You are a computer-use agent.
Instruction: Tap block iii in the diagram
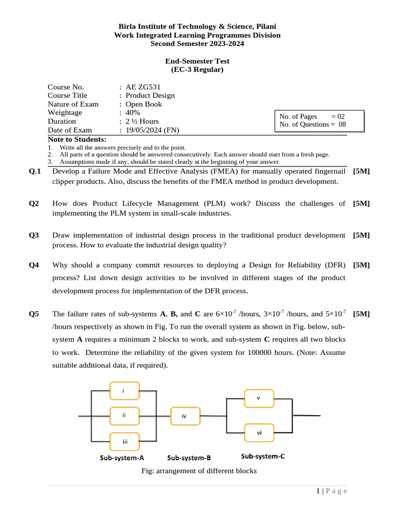[x=125, y=441]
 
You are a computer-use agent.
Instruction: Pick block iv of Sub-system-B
[x=184, y=416]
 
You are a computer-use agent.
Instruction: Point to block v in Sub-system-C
[x=259, y=398]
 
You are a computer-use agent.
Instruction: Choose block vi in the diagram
[x=259, y=433]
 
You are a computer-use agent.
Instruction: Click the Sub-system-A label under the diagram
[x=122, y=458]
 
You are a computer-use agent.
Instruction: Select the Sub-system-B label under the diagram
[x=189, y=458]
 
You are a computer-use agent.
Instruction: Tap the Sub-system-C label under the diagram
[x=263, y=456]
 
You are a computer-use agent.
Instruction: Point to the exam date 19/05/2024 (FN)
[x=152, y=130]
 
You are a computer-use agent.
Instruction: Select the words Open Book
[x=143, y=104]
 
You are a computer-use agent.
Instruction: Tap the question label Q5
[x=34, y=314]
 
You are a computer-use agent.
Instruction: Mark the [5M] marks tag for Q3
[x=362, y=235]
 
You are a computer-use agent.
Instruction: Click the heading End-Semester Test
[x=197, y=61]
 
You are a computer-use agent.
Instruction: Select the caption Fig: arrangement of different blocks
[x=199, y=471]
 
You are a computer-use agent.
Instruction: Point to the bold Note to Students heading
[x=77, y=139]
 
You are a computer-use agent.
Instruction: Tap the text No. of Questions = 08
[x=313, y=124]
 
